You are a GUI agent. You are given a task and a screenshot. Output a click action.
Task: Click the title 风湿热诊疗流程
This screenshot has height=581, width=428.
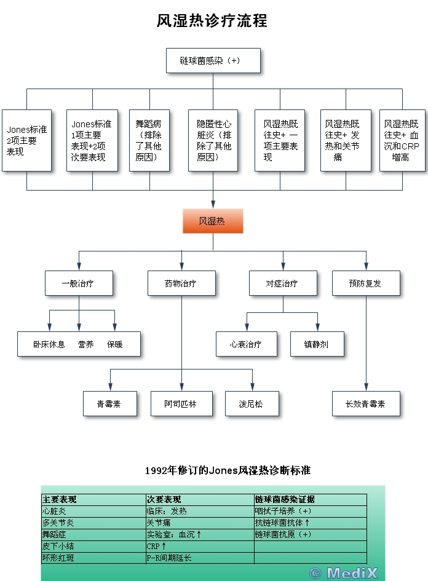point(212,22)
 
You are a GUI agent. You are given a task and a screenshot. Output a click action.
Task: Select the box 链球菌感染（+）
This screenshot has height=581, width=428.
point(213,61)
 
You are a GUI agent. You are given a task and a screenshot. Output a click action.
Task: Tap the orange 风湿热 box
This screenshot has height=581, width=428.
point(213,221)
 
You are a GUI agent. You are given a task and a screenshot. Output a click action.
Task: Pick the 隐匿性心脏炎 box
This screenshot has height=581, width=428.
point(213,140)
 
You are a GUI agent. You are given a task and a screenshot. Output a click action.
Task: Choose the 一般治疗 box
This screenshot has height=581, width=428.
point(78,283)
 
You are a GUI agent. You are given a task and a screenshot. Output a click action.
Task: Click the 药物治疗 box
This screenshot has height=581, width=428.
point(181,283)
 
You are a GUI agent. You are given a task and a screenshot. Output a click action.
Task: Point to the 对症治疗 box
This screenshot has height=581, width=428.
point(282,283)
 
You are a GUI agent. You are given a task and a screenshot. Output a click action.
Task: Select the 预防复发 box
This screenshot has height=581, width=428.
point(365,283)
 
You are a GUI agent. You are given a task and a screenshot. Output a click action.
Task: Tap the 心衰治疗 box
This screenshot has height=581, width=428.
point(246,344)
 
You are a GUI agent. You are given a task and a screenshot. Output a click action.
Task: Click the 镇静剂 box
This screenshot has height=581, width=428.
point(317,344)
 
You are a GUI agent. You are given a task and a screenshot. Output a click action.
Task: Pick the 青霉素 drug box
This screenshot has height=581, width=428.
point(109,404)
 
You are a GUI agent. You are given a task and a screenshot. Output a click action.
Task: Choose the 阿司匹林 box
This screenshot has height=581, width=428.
point(181,404)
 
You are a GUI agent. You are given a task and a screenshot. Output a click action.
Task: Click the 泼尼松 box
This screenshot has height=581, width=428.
point(252,404)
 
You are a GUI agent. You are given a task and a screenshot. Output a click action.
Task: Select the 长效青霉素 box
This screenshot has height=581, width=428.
point(366,404)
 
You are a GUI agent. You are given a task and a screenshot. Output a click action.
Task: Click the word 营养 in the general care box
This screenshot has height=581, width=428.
point(85,344)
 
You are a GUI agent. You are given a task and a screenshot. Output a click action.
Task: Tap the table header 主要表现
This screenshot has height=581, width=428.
point(60,499)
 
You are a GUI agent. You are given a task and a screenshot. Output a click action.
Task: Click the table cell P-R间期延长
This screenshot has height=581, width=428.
point(168,558)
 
